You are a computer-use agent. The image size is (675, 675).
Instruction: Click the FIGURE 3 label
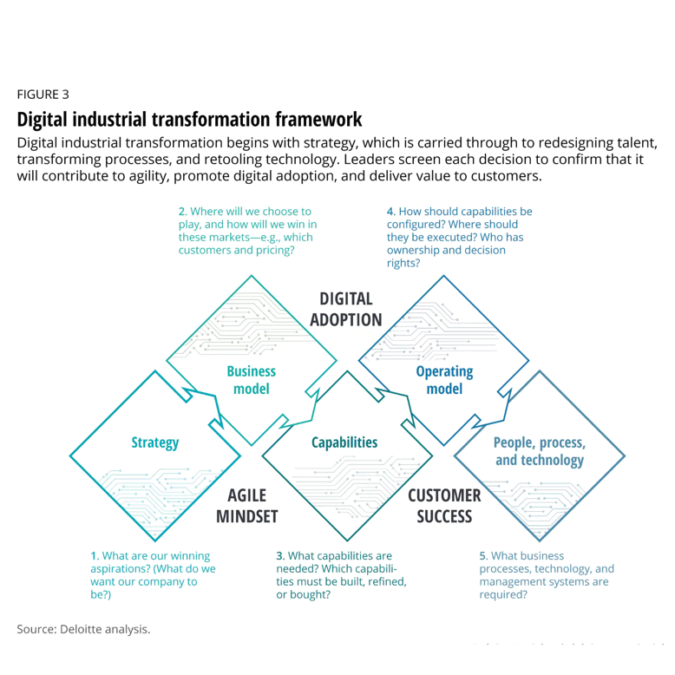click(x=43, y=94)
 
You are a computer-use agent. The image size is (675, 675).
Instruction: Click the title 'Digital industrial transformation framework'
click(x=189, y=118)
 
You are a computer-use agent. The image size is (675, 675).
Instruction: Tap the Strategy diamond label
click(x=155, y=442)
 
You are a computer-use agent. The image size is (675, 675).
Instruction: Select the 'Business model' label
click(x=251, y=380)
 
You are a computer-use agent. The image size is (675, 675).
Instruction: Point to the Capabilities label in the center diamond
click(x=344, y=442)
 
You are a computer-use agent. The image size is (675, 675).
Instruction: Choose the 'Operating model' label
click(x=444, y=380)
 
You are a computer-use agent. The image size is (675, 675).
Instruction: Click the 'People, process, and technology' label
click(x=539, y=450)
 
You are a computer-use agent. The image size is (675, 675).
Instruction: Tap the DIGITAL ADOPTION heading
click(x=345, y=309)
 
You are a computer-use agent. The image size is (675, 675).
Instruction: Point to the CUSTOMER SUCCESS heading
click(x=444, y=506)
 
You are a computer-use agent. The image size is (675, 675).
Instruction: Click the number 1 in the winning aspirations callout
click(x=94, y=555)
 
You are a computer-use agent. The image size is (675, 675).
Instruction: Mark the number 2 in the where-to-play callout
click(x=182, y=211)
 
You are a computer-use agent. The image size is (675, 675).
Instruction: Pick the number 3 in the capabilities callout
click(x=279, y=555)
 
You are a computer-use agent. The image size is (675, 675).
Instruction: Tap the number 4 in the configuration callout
click(x=390, y=211)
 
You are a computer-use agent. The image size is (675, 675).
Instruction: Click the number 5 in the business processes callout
click(x=482, y=555)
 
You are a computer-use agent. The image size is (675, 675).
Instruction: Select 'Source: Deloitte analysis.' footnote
click(x=83, y=628)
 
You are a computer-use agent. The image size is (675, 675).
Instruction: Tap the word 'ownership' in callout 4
click(x=415, y=250)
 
